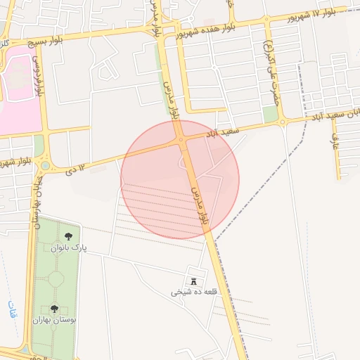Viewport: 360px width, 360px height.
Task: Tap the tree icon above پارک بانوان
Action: (68, 237)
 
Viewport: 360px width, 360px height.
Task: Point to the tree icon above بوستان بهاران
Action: (54, 308)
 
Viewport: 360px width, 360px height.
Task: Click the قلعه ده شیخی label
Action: (194, 292)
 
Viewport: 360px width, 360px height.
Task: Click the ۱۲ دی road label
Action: (75, 169)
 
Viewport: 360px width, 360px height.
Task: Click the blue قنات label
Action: (12, 310)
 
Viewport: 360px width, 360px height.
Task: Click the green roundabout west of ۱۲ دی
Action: (46, 166)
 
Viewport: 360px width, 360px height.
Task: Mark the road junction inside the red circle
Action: (181, 140)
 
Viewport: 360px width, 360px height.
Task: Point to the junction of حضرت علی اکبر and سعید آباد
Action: (282, 122)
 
